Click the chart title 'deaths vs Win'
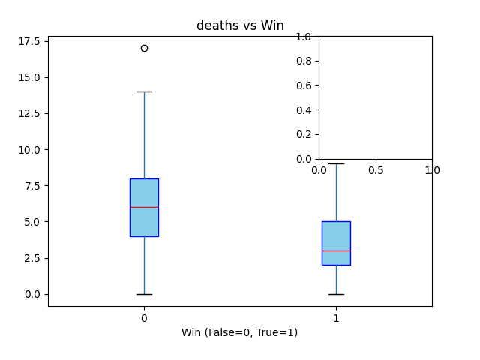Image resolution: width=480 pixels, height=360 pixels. tap(240, 26)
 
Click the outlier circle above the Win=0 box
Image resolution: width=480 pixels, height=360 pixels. tap(144, 48)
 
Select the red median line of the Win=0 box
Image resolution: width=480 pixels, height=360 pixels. tap(144, 207)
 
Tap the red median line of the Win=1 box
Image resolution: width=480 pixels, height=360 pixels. tap(336, 250)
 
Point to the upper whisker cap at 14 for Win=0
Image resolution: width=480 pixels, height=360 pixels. tap(144, 91)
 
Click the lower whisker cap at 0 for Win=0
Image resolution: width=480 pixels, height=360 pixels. tap(144, 294)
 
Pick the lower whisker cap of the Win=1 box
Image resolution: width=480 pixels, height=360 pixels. tap(336, 294)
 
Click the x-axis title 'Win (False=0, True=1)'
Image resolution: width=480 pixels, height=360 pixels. tap(239, 332)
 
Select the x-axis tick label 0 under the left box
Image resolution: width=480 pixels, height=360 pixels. tap(144, 318)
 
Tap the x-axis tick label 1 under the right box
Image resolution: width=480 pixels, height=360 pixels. tap(336, 318)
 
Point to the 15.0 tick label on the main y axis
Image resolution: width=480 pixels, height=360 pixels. tap(28, 77)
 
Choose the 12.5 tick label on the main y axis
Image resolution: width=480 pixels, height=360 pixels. tap(28, 113)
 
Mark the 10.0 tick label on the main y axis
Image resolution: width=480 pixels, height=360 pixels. tap(28, 149)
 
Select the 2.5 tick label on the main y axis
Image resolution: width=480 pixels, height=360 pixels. tap(31, 258)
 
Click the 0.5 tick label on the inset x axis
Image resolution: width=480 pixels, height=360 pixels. tap(376, 171)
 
